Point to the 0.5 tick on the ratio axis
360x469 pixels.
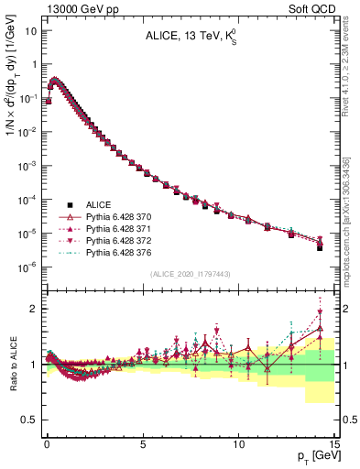click(x=30, y=420)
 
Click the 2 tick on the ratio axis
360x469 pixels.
click(x=35, y=309)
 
